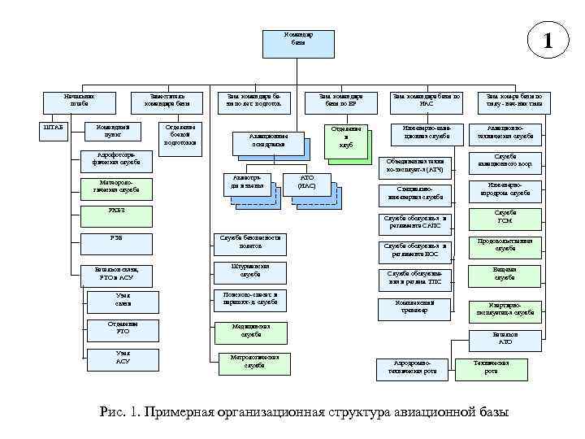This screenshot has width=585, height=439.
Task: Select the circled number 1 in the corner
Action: point(548,40)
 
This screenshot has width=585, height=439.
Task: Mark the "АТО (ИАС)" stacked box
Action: point(306,182)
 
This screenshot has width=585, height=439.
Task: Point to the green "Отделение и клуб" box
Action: point(345,138)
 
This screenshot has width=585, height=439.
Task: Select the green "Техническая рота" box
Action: point(492,367)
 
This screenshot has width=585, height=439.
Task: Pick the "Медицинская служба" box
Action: point(252,330)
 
